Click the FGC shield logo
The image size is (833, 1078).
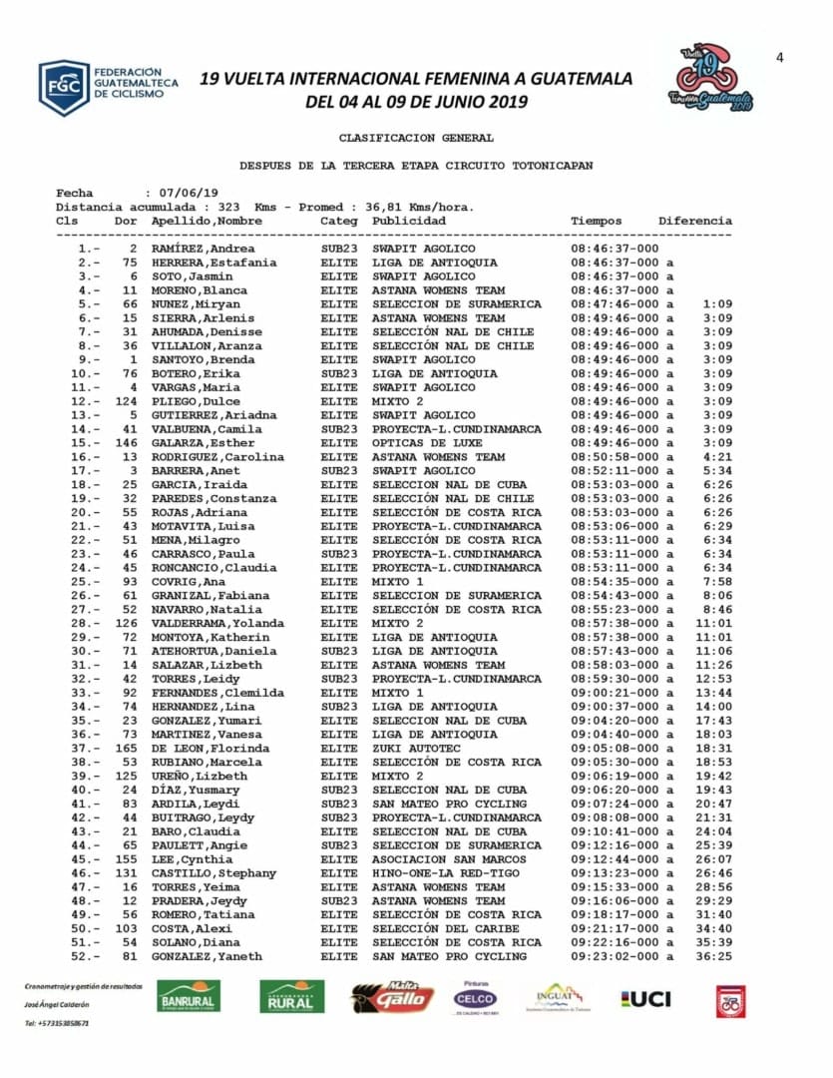(x=64, y=88)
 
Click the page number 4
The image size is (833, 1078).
(x=780, y=57)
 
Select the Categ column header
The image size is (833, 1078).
(x=338, y=221)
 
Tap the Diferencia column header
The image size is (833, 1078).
(x=694, y=221)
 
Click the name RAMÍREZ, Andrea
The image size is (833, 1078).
(x=203, y=249)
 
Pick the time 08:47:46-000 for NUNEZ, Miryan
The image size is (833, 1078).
(x=615, y=304)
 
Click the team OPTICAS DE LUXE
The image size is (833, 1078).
(x=427, y=443)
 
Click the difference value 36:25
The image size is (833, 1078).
(x=716, y=956)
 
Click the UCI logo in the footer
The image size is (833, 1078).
(x=645, y=998)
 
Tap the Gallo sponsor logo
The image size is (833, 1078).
(x=392, y=997)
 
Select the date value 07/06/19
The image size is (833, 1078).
(x=183, y=193)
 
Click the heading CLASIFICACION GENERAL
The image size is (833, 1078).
(x=416, y=138)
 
